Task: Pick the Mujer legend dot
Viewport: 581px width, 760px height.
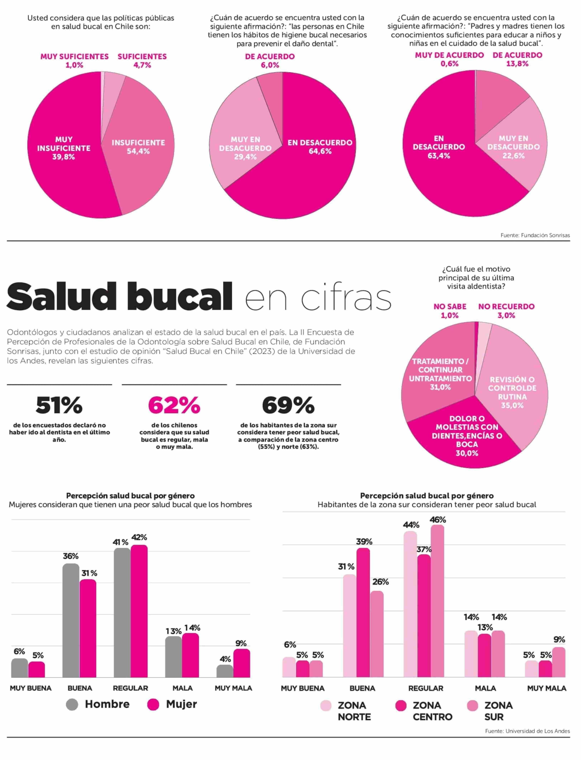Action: coord(153,704)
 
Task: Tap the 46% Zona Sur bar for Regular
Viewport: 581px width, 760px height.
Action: coord(437,602)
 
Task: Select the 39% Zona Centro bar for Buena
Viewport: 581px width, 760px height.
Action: coord(363,612)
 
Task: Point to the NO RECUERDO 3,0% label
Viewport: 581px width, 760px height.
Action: coord(506,311)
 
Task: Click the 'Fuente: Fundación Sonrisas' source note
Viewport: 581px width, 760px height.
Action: coord(535,235)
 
